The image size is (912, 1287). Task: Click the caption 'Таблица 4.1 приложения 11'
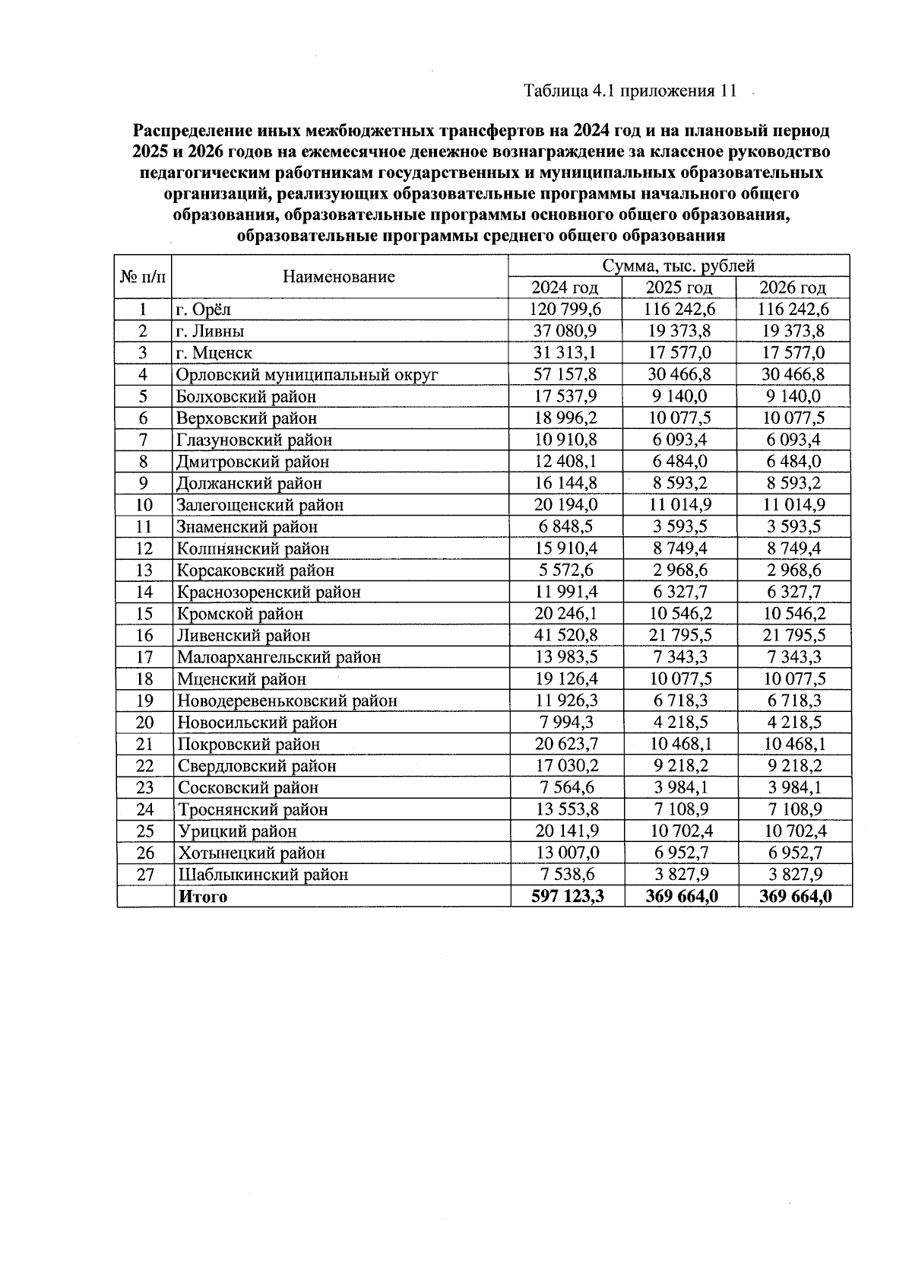[630, 91]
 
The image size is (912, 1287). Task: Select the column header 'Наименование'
[339, 277]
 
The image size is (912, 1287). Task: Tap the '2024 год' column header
[565, 288]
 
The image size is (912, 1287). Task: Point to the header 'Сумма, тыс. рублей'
[679, 265]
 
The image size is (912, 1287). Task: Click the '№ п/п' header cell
[144, 277]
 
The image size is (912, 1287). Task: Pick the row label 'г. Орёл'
[203, 310]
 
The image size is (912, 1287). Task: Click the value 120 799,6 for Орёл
[565, 309]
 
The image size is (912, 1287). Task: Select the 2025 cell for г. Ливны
[679, 331]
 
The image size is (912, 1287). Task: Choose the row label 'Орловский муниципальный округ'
[307, 375]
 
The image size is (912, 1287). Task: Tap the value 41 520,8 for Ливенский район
[565, 635]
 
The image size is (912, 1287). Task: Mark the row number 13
[144, 570]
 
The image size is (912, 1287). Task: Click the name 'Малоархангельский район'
[279, 657]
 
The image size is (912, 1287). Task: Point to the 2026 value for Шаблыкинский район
[793, 875]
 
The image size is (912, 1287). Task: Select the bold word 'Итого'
[202, 897]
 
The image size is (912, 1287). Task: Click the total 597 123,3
[567, 897]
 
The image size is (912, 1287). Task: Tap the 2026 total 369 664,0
[795, 897]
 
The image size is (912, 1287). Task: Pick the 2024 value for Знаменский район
[565, 526]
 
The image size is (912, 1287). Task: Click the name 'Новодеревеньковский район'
[287, 701]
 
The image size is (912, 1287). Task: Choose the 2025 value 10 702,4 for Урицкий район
[679, 831]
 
